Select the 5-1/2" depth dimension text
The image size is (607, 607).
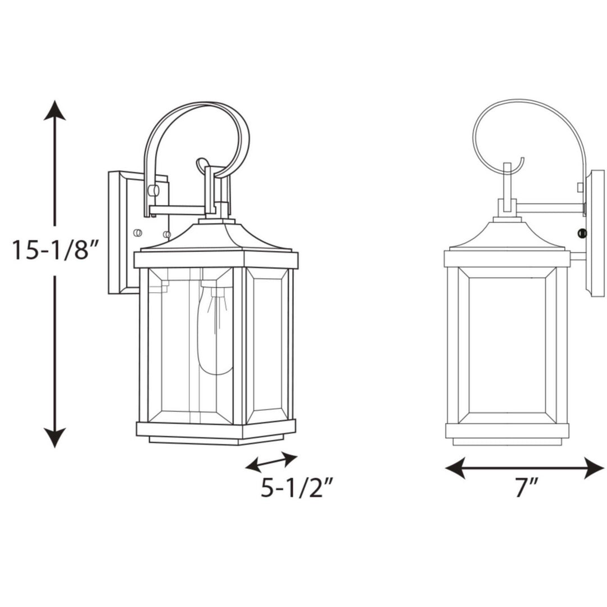pyautogui.click(x=293, y=488)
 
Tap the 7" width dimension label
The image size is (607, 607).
pyautogui.click(x=527, y=487)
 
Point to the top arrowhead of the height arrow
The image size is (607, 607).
pyautogui.click(x=55, y=111)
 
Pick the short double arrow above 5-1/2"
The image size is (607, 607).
pyautogui.click(x=271, y=462)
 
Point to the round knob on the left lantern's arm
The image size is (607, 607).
pyautogui.click(x=152, y=191)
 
